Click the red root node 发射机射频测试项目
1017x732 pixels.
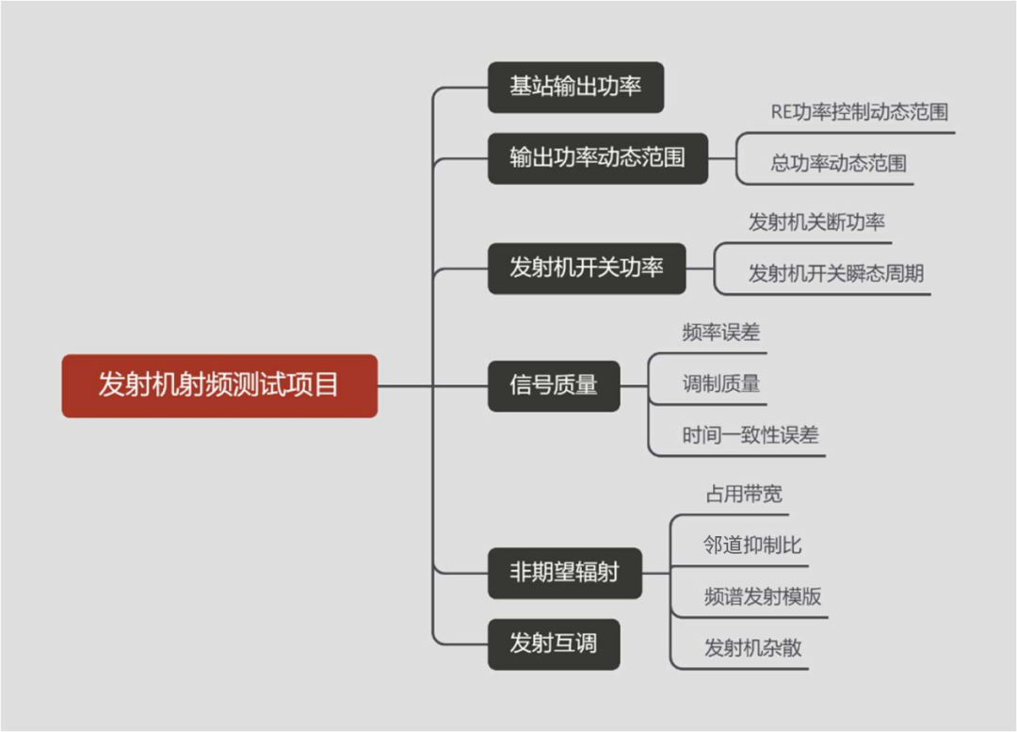pos(219,386)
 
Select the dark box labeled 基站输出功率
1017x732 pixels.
pos(575,88)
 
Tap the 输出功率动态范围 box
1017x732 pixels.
pos(597,157)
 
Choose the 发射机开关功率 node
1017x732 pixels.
pos(587,268)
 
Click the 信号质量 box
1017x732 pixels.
pos(554,385)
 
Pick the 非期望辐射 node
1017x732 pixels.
pos(564,573)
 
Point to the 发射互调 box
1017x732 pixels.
pos(554,644)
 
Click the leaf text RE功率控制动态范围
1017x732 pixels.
pos(859,112)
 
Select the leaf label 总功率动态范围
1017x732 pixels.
pos(838,164)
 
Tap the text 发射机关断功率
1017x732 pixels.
pos(816,223)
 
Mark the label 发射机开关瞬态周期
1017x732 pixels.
pos(835,274)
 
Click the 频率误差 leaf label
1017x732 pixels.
pos(720,333)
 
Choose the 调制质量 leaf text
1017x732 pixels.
pos(720,383)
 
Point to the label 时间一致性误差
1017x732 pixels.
pos(750,435)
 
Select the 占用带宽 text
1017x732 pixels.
pos(743,495)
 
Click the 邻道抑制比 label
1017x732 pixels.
pos(752,545)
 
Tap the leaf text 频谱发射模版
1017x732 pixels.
pos(763,596)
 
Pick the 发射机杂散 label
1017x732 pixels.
pos(752,648)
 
